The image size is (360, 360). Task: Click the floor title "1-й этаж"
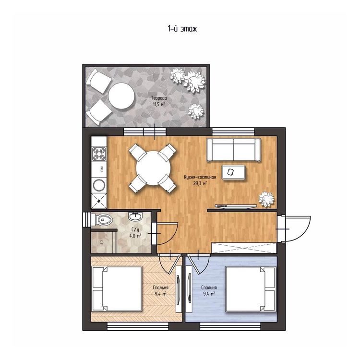pos(182,29)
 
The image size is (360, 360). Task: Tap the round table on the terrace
pos(121,96)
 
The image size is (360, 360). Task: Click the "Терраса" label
pos(159,98)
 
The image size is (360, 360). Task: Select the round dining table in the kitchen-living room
pos(153,168)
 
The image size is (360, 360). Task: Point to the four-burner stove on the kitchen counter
pos(99,154)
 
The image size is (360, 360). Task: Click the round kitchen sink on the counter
pos(99,185)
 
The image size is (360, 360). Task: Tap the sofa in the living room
pos(233,149)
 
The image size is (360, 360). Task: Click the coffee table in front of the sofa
pos(233,172)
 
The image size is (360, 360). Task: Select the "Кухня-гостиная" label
pos(200,177)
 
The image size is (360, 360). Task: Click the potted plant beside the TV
pos(266,200)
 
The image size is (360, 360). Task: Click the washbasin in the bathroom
pos(135,216)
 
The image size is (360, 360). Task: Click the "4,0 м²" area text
pos(135,236)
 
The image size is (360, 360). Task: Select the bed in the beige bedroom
pos(117,289)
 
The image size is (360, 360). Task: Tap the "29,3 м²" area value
pos(200,183)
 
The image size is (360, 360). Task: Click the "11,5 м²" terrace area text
pos(159,105)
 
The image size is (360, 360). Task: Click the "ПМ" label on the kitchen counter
pos(101,169)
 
